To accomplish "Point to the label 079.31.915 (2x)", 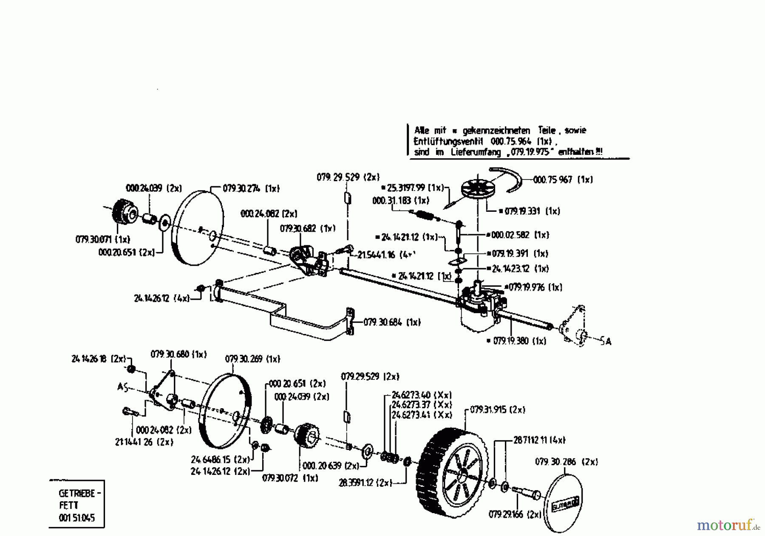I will pyautogui.click(x=498, y=410).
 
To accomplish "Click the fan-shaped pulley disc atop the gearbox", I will pyautogui.click(x=478, y=189).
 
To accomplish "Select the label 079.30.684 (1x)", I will pyautogui.click(x=392, y=323).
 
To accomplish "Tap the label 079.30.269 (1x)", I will pyautogui.click(x=252, y=359).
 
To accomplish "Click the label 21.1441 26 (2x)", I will pyautogui.click(x=144, y=442).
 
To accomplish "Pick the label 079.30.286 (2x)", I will pyautogui.click(x=566, y=462).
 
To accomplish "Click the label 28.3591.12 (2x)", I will pyautogui.click(x=365, y=483).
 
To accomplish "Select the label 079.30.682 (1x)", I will pyautogui.click(x=307, y=228).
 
